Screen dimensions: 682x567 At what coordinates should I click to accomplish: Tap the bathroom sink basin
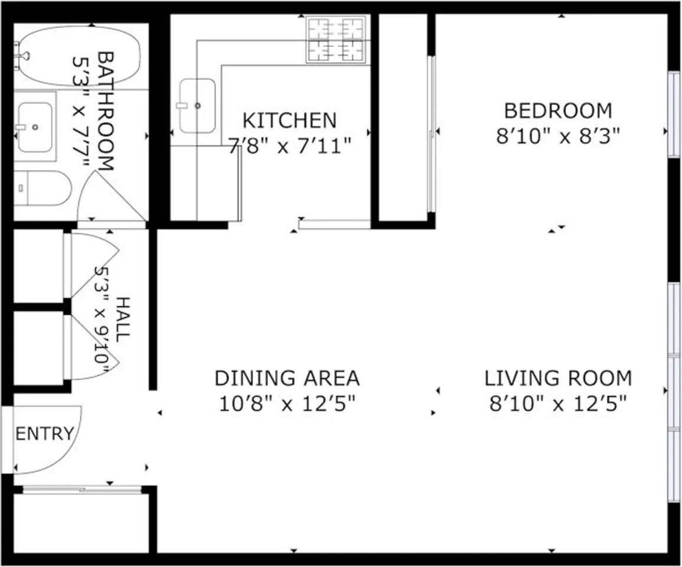(x=35, y=127)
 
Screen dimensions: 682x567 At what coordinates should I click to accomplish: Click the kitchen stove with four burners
(x=336, y=40)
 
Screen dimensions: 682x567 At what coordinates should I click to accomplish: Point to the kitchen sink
(x=198, y=106)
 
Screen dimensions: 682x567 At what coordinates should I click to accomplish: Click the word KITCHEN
(x=290, y=120)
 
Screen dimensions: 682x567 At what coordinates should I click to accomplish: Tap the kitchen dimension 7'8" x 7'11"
(x=290, y=146)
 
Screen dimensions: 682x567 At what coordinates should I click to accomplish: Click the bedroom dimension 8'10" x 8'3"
(x=558, y=137)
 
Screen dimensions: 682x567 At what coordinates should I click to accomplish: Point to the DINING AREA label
(x=287, y=378)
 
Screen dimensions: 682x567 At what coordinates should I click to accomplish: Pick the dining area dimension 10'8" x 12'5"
(x=287, y=404)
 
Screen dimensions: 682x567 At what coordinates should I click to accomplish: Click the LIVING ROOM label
(x=558, y=378)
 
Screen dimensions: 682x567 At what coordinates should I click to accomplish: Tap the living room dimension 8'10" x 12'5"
(x=558, y=404)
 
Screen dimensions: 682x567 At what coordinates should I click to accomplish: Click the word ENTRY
(x=45, y=434)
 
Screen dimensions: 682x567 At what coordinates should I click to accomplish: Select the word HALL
(x=123, y=319)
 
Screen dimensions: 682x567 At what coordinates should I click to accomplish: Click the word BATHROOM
(x=106, y=112)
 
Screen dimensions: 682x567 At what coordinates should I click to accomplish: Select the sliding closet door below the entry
(x=82, y=490)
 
